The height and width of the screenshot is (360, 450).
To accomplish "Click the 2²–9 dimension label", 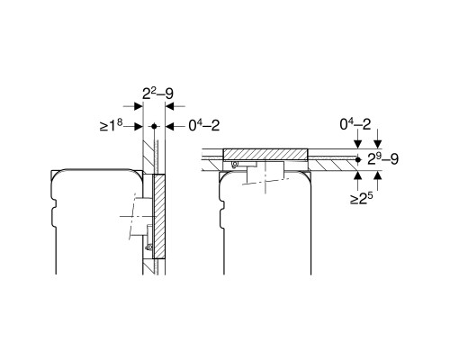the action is [x=157, y=94].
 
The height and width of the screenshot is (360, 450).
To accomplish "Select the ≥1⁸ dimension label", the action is [x=112, y=125].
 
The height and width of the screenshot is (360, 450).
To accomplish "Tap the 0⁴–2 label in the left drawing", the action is [x=204, y=126].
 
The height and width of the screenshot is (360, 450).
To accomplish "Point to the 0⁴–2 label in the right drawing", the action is [x=355, y=124].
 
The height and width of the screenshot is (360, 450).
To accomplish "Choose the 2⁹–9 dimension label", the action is [x=383, y=159].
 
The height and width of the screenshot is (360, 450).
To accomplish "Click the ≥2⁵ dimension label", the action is [x=362, y=199].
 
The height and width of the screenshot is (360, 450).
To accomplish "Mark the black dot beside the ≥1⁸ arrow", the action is [x=154, y=126].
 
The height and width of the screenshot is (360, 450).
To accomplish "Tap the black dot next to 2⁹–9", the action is [x=357, y=159].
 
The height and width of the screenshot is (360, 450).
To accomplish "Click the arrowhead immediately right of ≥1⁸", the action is [x=139, y=127].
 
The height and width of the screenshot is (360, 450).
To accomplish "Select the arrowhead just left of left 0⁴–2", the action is [x=169, y=127].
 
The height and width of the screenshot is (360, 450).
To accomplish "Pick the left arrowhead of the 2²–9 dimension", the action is [x=139, y=106].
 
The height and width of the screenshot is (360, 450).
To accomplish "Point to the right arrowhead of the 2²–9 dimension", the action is [x=169, y=106].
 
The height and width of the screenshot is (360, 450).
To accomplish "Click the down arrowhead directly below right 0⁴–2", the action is [x=357, y=144].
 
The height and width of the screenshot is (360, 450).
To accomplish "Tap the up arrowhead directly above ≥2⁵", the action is [x=357, y=175].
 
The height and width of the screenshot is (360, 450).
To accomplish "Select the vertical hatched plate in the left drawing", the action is [x=159, y=217].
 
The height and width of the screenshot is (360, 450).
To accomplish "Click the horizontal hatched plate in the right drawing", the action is [x=265, y=155].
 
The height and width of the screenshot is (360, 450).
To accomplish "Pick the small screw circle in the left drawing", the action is [x=148, y=247].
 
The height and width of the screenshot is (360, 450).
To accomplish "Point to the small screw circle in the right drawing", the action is [x=235, y=164].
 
